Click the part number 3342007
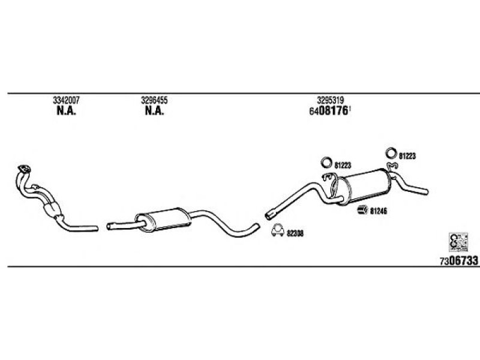click(66, 100)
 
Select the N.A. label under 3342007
click(66, 111)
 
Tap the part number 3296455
click(154, 100)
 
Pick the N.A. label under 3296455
click(154, 111)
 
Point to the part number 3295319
click(331, 100)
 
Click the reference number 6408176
click(329, 111)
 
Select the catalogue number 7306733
click(459, 261)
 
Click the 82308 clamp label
click(295, 233)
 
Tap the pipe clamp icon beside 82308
click(278, 230)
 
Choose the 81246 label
click(379, 211)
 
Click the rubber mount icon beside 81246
click(363, 209)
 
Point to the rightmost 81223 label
click(407, 156)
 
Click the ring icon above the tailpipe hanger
click(391, 153)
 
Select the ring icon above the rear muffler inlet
click(326, 162)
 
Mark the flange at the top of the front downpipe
click(24, 169)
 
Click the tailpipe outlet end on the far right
click(426, 191)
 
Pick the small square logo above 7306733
click(458, 242)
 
